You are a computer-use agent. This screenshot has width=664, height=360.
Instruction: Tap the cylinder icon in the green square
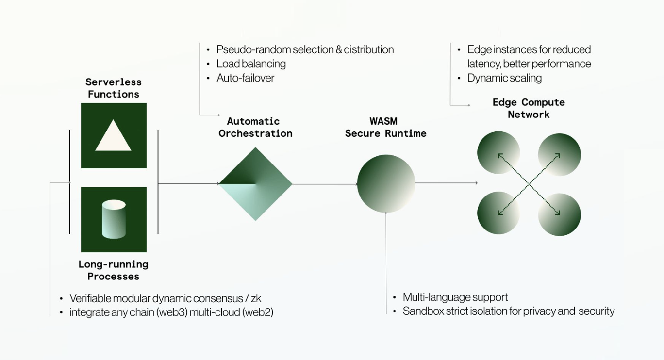click(x=114, y=219)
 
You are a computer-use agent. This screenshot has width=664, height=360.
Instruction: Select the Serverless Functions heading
click(x=114, y=88)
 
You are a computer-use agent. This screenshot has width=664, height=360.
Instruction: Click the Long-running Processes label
click(x=114, y=270)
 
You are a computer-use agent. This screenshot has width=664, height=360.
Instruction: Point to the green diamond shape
click(x=255, y=184)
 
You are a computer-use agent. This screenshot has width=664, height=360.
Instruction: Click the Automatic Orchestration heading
click(x=255, y=127)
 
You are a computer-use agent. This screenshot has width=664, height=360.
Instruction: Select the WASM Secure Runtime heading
click(x=385, y=127)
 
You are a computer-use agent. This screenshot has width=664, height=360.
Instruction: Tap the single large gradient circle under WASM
click(x=386, y=184)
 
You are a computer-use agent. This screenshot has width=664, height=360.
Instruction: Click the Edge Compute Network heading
click(x=529, y=108)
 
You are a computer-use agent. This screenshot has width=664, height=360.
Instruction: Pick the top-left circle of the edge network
click(x=498, y=153)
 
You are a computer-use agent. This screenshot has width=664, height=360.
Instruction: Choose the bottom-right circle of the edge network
click(x=559, y=214)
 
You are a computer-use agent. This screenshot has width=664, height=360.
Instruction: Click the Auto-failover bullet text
click(x=245, y=78)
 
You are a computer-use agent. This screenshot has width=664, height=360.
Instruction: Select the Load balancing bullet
click(x=251, y=64)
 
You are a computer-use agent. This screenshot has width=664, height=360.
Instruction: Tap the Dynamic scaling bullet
click(x=504, y=78)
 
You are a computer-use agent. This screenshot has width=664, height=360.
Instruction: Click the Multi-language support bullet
click(x=455, y=297)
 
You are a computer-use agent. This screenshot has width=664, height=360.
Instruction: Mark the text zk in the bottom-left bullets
click(x=256, y=298)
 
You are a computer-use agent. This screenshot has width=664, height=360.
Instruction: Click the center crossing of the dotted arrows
click(x=529, y=184)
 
